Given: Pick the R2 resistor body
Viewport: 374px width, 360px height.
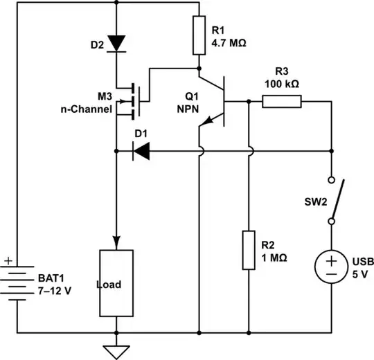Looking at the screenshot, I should click(x=248, y=250).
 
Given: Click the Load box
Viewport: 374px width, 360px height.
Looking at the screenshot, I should click(x=116, y=282).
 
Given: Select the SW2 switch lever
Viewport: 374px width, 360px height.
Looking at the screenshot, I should click(x=337, y=201).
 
